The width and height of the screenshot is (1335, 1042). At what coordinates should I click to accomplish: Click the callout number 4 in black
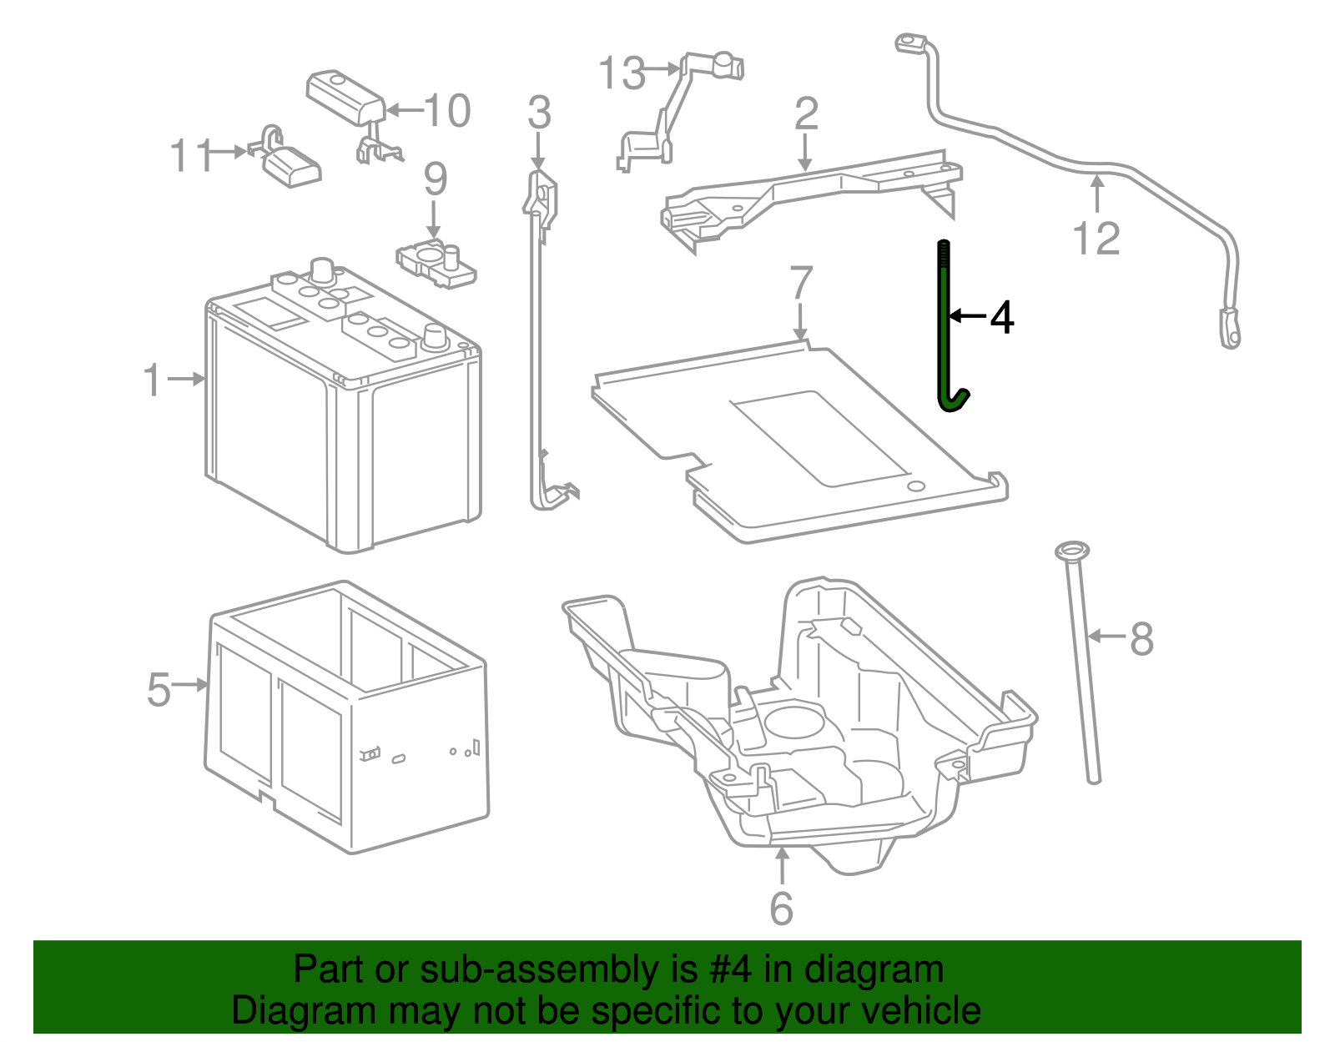[x=1001, y=318]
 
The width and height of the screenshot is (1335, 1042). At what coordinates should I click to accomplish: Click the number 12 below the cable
[x=1096, y=239]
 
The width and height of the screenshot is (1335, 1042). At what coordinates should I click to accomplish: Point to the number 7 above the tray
[x=800, y=283]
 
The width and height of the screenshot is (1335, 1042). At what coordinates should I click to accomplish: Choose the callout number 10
[x=447, y=111]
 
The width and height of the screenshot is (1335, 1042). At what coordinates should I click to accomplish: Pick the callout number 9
[x=435, y=179]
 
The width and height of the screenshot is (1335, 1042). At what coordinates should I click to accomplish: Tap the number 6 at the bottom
[x=781, y=909]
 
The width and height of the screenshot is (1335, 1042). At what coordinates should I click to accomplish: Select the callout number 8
[x=1141, y=639]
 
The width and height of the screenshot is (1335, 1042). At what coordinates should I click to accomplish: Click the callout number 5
[x=159, y=690]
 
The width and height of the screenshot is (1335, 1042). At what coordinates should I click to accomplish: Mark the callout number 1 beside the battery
[x=152, y=380]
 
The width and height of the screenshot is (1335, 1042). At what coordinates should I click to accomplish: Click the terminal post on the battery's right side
[x=435, y=337]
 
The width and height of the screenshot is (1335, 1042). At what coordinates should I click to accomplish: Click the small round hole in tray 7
[x=915, y=486]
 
